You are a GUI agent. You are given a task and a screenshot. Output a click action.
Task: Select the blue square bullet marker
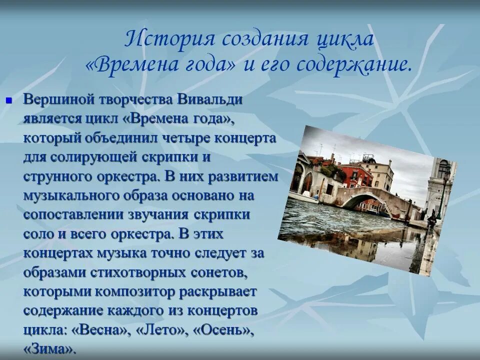pyautogui.click(x=8, y=100)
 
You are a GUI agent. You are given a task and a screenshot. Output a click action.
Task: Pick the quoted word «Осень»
pyautogui.click(x=220, y=330)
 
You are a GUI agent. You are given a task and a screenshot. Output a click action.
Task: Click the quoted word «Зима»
pyautogui.click(x=50, y=349)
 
